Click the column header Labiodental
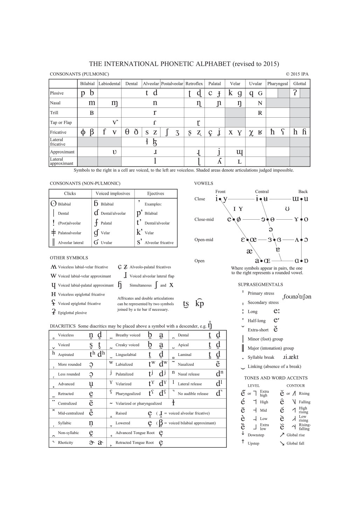tap(109, 84)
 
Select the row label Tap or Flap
tap(61, 123)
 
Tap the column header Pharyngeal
tap(277, 84)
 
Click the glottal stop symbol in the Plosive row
tap(295, 93)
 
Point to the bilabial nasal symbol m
tap(92, 103)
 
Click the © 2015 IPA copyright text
tap(297, 74)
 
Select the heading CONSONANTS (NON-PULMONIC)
tap(85, 184)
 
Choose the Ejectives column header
tap(155, 194)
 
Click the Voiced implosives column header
tap(113, 194)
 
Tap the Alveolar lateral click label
tap(71, 243)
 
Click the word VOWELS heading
tap(203, 184)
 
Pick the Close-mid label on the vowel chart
tap(204, 220)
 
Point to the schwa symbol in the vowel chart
tap(270, 229)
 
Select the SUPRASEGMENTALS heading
tap(260, 285)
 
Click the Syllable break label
tap(261, 357)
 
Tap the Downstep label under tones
tap(256, 435)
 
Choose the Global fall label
tap(295, 443)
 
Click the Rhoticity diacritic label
tap(65, 443)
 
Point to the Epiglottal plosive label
tap(72, 313)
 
